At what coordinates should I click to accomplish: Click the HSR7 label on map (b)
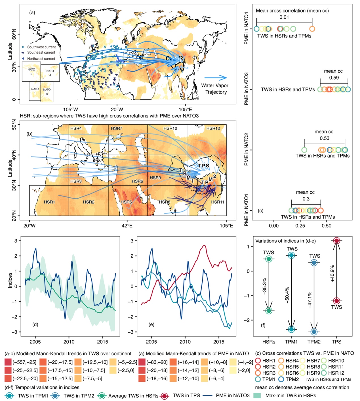coord(117,128)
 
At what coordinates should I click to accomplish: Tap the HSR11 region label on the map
coord(218,202)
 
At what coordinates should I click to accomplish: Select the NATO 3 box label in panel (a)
coord(47,91)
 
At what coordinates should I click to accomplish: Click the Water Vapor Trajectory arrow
coord(216,78)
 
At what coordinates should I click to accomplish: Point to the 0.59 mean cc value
coord(334,78)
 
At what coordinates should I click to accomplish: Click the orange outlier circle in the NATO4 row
coord(312,29)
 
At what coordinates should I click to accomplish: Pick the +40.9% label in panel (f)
coord(332,273)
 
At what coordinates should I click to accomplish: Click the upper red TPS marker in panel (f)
coord(336,241)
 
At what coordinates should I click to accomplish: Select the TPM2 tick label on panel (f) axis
coord(314,342)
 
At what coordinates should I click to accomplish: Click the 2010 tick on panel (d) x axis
coord(69,342)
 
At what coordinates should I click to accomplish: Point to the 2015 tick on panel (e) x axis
coord(219,342)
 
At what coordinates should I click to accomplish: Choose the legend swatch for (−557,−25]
coord(8,362)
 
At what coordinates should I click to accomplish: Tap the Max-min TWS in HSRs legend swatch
coord(256,395)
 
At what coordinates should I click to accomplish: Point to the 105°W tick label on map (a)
coord(70,109)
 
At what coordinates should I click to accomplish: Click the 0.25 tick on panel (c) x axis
coord(300,226)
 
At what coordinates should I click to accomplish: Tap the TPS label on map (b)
coord(203,166)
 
